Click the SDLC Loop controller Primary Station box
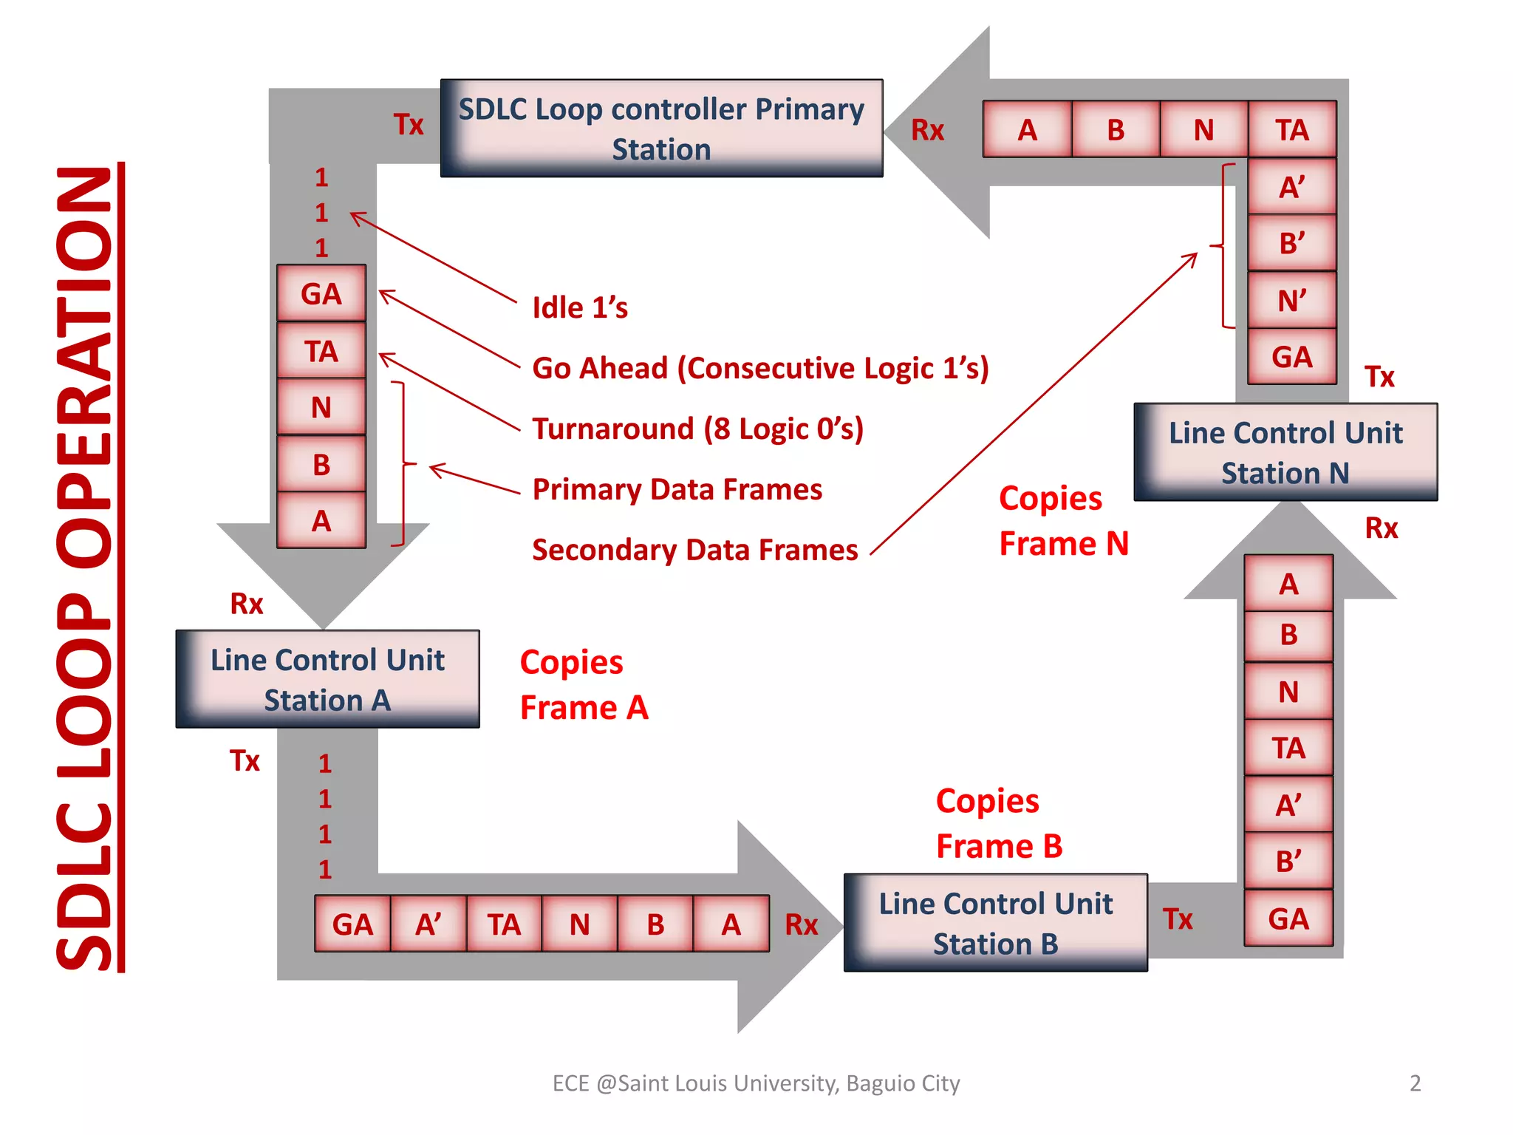click(x=661, y=129)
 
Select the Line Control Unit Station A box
click(x=327, y=679)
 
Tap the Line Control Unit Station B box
click(x=995, y=923)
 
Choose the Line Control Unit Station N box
click(x=1285, y=452)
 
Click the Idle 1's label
click(x=580, y=308)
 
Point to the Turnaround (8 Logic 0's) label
click(x=697, y=429)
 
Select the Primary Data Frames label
click(x=677, y=490)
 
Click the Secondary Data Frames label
click(x=694, y=551)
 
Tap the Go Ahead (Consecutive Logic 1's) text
click(x=760, y=369)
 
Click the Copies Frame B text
click(x=999, y=824)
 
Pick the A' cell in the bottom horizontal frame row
click(x=428, y=924)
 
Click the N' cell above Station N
click(x=1291, y=301)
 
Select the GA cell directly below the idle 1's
click(x=321, y=294)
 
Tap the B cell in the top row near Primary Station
click(x=1116, y=130)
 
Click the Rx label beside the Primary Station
click(x=927, y=131)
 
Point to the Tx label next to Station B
click(x=1178, y=920)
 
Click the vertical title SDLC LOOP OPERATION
click(x=85, y=567)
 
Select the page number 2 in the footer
click(x=1415, y=1083)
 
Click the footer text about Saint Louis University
click(x=756, y=1083)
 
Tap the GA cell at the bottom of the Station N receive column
click(x=1288, y=919)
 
